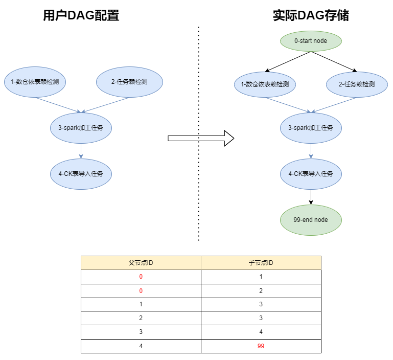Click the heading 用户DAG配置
(81, 16)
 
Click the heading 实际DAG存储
(311, 16)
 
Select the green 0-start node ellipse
(311, 40)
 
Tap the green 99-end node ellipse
(311, 220)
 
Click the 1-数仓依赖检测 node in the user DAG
(35, 81)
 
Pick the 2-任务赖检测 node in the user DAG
(129, 81)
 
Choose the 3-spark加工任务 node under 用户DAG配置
(81, 128)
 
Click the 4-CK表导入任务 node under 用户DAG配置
(81, 174)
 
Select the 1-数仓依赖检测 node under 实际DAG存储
(265, 84)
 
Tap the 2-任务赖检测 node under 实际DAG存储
(357, 84)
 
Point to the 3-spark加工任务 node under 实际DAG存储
(311, 128)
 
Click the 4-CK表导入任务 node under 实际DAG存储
(311, 174)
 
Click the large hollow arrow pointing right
(201, 138)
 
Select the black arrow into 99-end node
(311, 197)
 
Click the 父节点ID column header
(141, 263)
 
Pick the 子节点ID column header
(261, 263)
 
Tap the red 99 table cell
(261, 346)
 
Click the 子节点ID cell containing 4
(261, 332)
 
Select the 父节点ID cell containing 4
(141, 346)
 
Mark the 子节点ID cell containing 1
(261, 277)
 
